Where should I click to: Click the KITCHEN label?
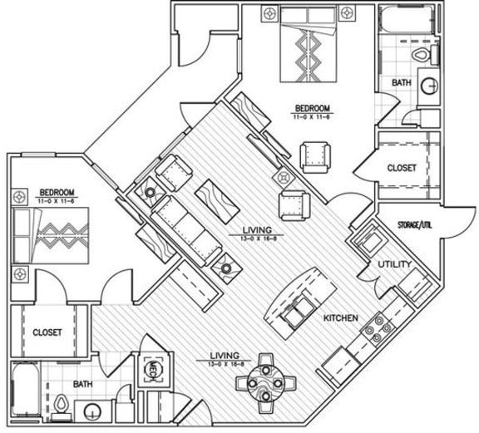coord(341,318)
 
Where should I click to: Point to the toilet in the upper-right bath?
coord(422,54)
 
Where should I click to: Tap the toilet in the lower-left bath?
coord(63,405)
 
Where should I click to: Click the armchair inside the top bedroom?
coord(314,155)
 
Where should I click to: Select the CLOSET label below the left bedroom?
coord(47,332)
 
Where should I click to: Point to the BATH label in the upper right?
coord(402,84)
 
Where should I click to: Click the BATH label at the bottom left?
coord(82,384)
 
